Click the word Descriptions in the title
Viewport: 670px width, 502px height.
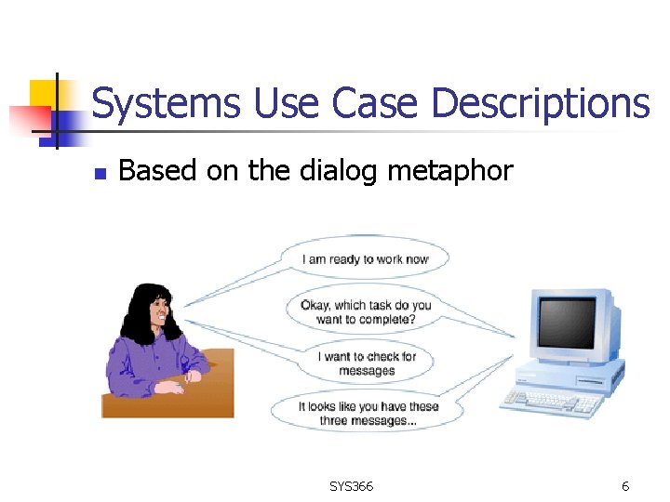(x=541, y=103)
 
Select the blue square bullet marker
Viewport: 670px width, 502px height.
(x=101, y=174)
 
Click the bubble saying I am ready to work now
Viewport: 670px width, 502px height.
(x=365, y=259)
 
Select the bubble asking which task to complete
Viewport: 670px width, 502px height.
(x=366, y=311)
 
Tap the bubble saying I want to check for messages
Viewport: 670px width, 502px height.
(x=367, y=363)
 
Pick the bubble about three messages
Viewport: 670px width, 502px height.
(x=368, y=414)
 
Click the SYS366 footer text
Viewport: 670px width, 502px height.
(x=351, y=486)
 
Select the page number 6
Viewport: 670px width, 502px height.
(x=625, y=486)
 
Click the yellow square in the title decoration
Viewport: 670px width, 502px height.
(x=44, y=93)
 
